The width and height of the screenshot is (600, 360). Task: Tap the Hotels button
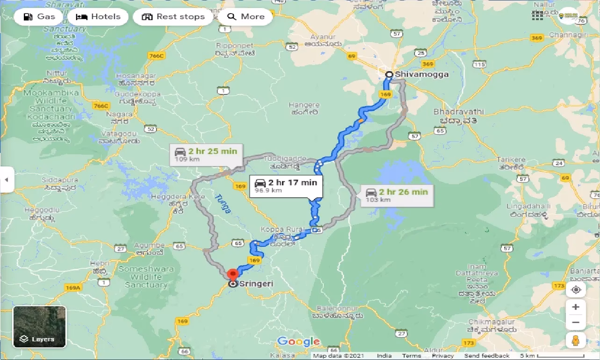[x=98, y=17]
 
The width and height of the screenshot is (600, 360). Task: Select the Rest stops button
[x=173, y=17]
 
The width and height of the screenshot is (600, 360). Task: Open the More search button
[x=246, y=17]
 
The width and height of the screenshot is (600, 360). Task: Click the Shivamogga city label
[x=421, y=74]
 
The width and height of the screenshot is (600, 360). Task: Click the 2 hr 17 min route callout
[x=286, y=185]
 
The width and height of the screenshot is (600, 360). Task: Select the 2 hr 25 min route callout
[x=206, y=154]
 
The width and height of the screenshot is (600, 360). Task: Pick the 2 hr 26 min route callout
[x=397, y=194]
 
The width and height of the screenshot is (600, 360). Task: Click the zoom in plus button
[x=576, y=307]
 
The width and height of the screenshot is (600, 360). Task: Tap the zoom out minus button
[x=576, y=323]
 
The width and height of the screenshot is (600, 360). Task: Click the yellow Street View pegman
[x=576, y=341]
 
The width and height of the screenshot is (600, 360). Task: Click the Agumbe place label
[x=149, y=245]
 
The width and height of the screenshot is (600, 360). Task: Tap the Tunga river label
[x=223, y=204]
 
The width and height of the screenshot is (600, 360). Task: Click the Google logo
[x=299, y=342]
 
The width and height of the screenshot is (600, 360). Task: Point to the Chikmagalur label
[x=491, y=322]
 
